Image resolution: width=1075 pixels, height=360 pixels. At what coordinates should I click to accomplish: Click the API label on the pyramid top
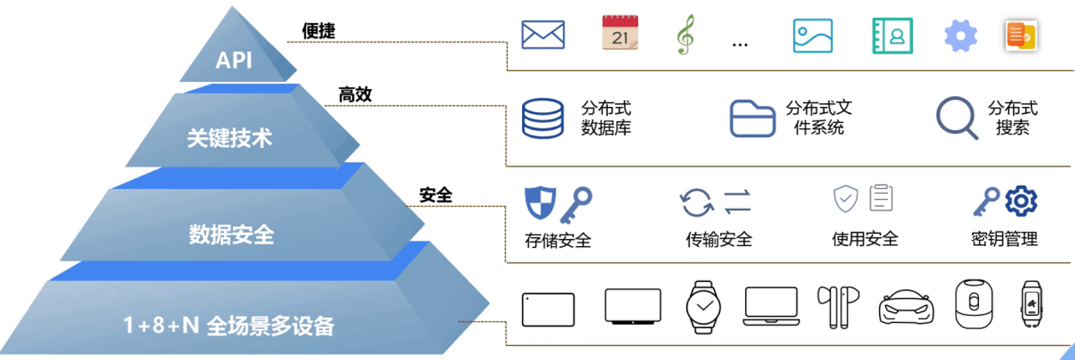pos(233,60)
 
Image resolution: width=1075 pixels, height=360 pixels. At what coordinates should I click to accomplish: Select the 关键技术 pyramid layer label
pos(230,139)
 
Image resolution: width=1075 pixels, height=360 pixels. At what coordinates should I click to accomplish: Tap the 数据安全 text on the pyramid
pos(232,234)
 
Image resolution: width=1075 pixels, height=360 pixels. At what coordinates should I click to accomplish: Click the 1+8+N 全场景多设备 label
pos(228,326)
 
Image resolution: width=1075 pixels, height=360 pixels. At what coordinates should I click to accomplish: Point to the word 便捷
pos(318,31)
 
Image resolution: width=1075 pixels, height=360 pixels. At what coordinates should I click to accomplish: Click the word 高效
pos(355,94)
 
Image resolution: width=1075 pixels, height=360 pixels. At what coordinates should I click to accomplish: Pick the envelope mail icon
pos(543,35)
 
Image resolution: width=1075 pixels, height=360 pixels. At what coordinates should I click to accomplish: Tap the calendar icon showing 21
pos(620,34)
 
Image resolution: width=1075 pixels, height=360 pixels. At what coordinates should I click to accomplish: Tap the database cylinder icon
pos(542,118)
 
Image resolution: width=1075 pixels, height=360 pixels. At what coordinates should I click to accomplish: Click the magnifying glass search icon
pos(957,118)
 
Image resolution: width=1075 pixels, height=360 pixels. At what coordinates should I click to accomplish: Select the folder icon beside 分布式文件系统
pos(752,118)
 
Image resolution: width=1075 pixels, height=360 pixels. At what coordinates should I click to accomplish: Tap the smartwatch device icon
pos(704,306)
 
